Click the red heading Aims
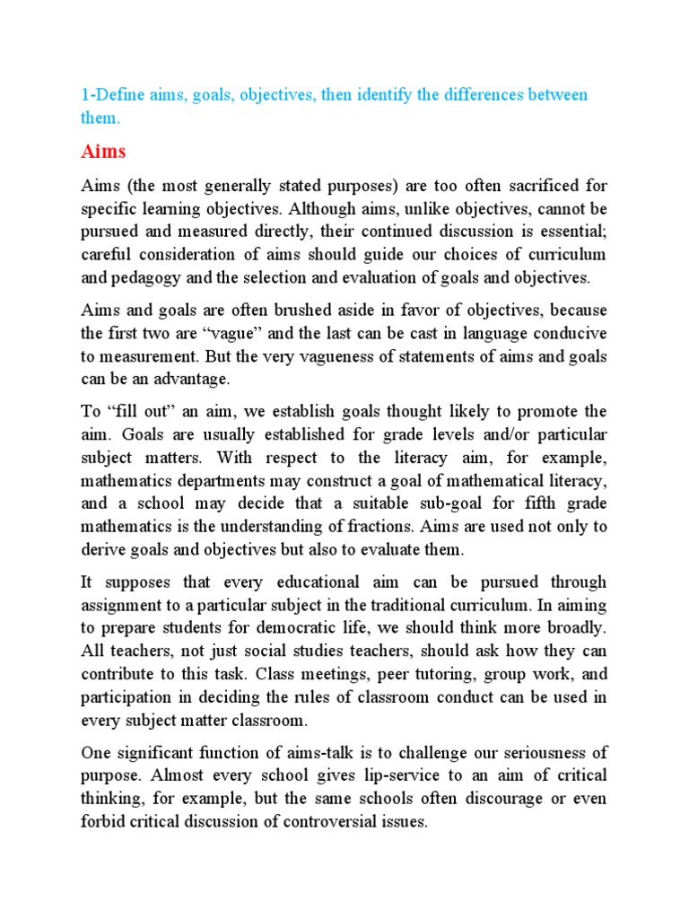pyautogui.click(x=105, y=151)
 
